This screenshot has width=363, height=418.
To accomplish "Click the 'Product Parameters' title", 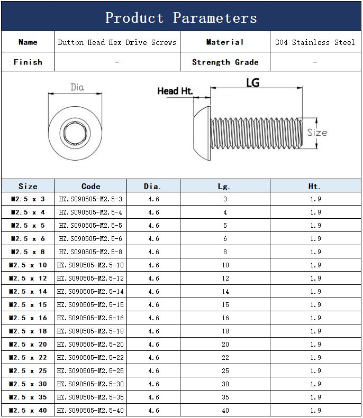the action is pos(181,18).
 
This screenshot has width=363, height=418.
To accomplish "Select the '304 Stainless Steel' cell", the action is pos(315,42).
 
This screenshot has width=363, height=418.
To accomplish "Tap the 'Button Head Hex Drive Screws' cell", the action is pos(117,42).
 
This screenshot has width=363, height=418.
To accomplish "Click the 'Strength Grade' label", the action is pos(225,62).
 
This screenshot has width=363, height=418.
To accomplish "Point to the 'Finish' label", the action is pos(28,62).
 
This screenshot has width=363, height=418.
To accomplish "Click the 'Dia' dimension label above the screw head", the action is pos(77,87).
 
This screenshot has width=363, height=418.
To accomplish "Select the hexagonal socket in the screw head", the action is pos(75,133).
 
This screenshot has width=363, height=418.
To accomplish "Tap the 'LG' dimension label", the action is pos(253,82).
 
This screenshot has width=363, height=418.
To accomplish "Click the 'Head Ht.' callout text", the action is pos(175,91).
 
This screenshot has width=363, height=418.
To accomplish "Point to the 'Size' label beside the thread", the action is pos(317,133).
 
